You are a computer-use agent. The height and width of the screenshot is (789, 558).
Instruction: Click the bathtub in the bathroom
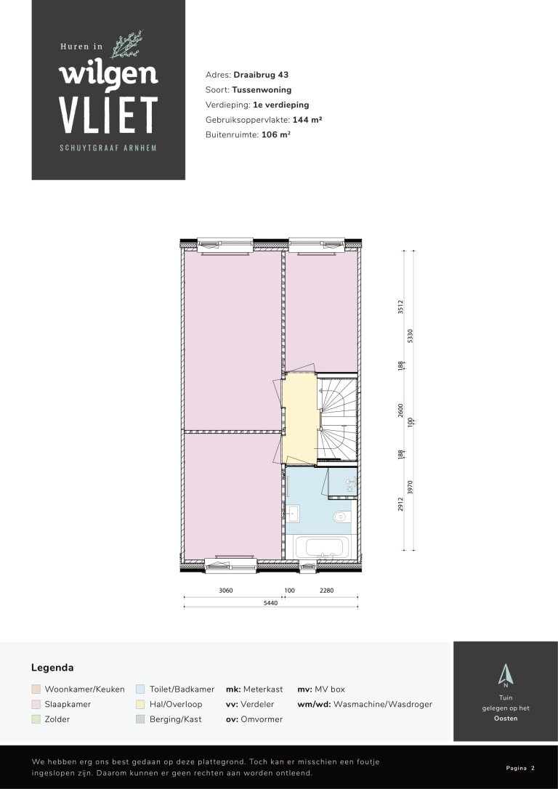pos(321,546)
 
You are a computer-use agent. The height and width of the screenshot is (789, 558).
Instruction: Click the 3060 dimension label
pos(226,591)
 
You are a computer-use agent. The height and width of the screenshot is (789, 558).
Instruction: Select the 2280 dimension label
pos(327,591)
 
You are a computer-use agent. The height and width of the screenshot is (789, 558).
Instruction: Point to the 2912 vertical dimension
pos(400,505)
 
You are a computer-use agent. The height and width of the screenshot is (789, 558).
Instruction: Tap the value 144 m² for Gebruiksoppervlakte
pos(307,120)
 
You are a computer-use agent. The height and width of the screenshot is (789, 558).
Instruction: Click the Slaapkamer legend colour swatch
pos(36,704)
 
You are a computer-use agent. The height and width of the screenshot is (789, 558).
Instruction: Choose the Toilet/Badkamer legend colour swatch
pos(140,689)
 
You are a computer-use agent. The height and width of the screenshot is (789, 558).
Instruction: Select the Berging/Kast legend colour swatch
pos(140,719)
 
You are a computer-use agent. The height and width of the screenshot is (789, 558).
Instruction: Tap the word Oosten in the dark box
pos(506,719)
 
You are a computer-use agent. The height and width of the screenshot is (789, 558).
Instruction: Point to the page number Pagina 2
pos(519,767)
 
